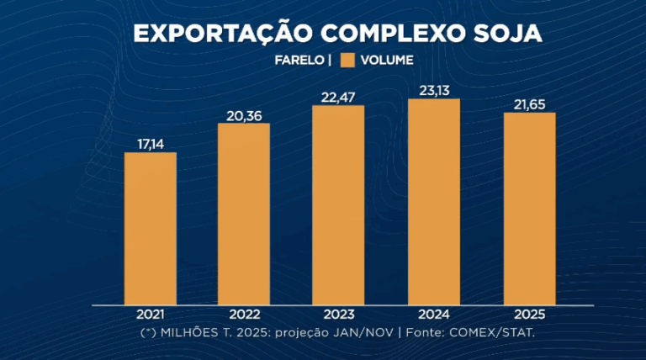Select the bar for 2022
pyautogui.click(x=244, y=214)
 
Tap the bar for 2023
pyautogui.click(x=338, y=204)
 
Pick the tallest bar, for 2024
pyautogui.click(x=434, y=201)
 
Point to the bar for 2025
pyautogui.click(x=529, y=208)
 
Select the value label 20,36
pyautogui.click(x=244, y=116)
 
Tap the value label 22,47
pyautogui.click(x=338, y=98)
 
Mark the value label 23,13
pyautogui.click(x=434, y=91)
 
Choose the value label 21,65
pyautogui.click(x=529, y=104)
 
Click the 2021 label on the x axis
pyautogui.click(x=150, y=315)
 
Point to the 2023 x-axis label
pyautogui.click(x=338, y=315)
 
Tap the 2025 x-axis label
pyautogui.click(x=529, y=315)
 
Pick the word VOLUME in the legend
pyautogui.click(x=387, y=61)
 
